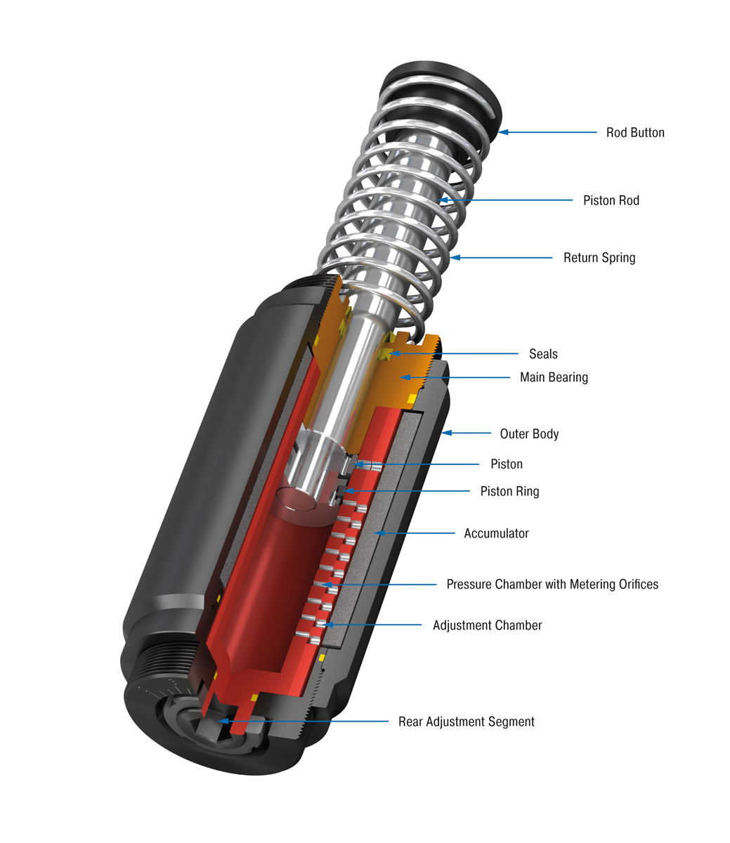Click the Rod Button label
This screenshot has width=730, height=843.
[x=635, y=133]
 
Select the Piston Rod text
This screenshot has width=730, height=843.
[x=611, y=200]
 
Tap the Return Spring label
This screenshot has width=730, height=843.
[x=599, y=258]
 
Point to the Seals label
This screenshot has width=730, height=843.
[x=543, y=353]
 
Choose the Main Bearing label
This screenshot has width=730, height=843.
[x=554, y=377]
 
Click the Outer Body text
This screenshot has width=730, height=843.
[x=529, y=433]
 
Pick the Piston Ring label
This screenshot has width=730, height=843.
[x=509, y=491]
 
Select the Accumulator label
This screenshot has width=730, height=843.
[x=496, y=533]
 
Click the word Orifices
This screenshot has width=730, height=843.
[x=638, y=584]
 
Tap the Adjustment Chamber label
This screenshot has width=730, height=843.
[x=487, y=625]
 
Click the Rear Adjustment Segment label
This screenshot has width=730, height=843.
[x=466, y=721]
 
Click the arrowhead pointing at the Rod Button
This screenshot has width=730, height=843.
[x=503, y=132]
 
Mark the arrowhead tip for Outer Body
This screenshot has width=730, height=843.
[x=442, y=433]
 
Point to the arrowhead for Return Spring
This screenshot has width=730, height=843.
[x=455, y=258]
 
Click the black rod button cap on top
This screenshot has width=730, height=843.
[x=441, y=94]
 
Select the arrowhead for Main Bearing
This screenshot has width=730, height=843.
[x=405, y=378]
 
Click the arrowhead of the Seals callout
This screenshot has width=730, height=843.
[x=393, y=353]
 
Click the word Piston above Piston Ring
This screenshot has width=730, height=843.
[x=506, y=464]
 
